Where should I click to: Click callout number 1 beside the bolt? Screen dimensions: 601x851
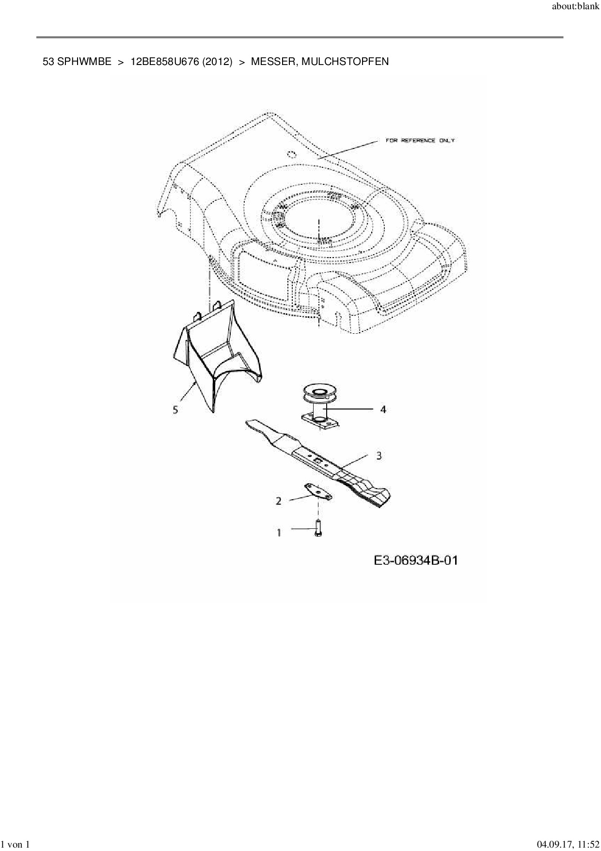(279, 533)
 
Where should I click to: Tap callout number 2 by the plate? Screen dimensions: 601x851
(279, 501)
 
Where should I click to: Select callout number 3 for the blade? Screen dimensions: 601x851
(379, 456)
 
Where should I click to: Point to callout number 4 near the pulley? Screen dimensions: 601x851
(383, 409)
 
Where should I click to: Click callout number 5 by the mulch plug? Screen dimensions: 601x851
(175, 410)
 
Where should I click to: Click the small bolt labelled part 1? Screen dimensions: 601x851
(318, 527)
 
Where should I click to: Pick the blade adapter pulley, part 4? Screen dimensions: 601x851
(317, 405)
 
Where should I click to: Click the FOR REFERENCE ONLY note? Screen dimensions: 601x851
(420, 141)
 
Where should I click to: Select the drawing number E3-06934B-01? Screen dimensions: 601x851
(416, 561)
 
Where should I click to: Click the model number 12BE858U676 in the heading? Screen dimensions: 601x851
(165, 62)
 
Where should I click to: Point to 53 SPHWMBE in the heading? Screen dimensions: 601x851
(77, 62)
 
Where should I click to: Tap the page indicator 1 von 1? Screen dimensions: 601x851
(16, 845)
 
